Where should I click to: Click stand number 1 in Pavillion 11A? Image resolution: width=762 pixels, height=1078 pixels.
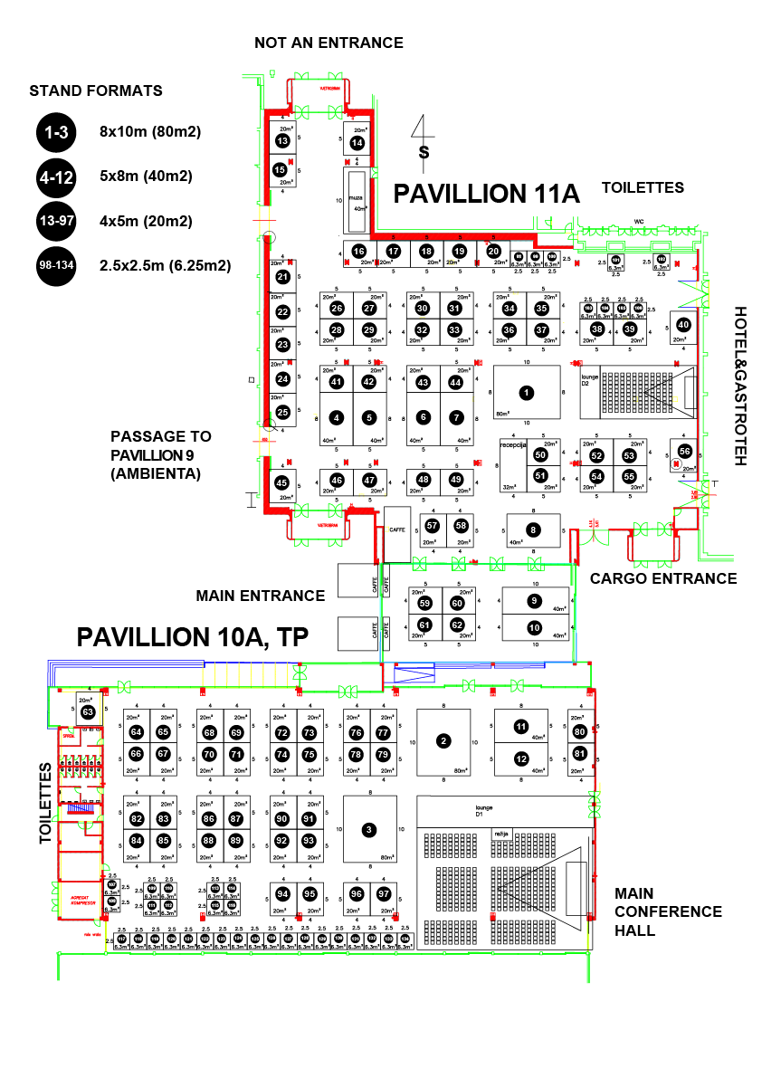coord(525,392)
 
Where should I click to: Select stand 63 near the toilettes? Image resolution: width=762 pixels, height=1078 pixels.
coord(88,711)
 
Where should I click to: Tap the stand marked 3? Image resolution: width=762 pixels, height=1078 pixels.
coord(368,829)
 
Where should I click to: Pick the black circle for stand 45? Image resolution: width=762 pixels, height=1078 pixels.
coord(281,482)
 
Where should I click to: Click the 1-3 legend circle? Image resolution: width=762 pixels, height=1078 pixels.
coord(57,132)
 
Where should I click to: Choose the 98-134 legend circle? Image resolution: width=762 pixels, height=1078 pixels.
coord(57,266)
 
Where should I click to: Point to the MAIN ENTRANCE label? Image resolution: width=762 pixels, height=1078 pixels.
coord(260,596)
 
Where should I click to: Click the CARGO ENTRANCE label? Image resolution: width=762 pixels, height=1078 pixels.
coord(663,578)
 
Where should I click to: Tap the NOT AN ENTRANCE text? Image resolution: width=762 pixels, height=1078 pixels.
coord(329,43)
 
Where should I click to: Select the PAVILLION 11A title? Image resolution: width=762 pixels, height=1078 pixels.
coord(485,194)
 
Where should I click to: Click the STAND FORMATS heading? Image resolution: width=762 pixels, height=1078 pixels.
coord(96,91)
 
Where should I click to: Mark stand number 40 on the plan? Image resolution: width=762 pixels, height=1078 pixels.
coord(683,325)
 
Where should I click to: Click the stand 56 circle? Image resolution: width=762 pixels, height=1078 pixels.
coord(683,451)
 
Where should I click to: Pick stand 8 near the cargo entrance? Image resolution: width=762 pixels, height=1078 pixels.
coord(533,529)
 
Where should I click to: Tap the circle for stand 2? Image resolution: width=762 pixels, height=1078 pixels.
coord(443,741)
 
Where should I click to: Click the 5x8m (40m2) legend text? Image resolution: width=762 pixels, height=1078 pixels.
coord(146,176)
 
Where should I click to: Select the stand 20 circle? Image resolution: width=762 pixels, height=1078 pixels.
coord(492,251)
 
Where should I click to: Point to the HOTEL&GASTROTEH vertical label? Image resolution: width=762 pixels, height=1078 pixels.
coord(740,386)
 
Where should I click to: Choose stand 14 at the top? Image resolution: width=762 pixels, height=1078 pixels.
coord(357,142)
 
